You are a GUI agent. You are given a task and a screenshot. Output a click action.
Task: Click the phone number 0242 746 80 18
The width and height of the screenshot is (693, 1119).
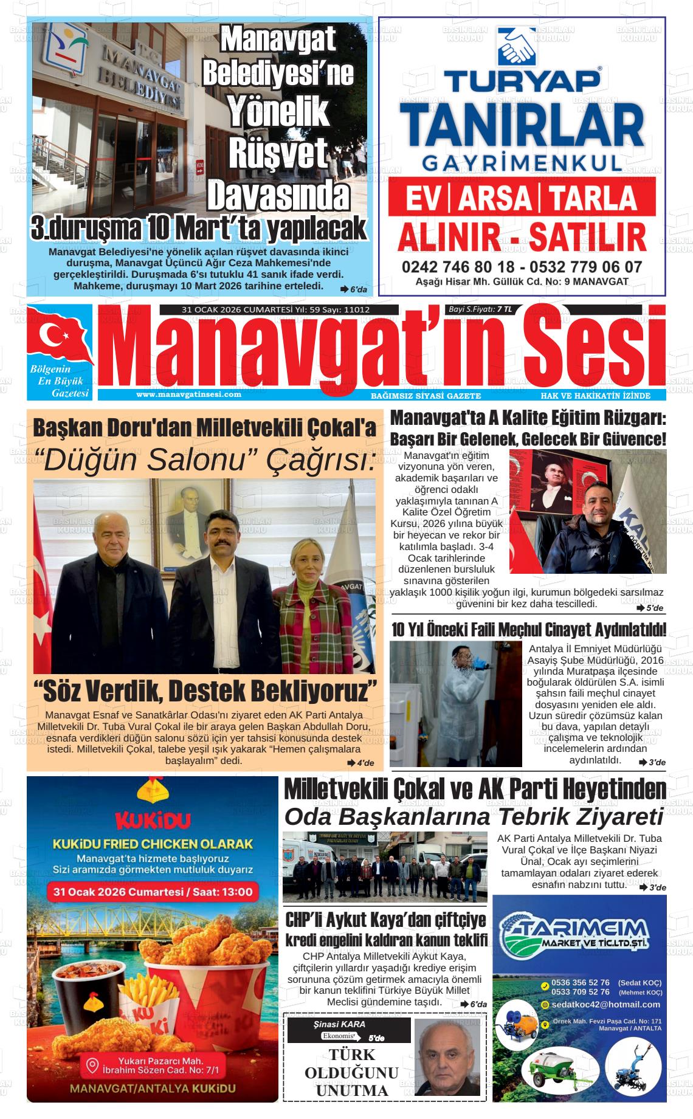(457, 267)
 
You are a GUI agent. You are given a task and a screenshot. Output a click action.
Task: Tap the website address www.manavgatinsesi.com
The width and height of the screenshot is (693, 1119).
(188, 394)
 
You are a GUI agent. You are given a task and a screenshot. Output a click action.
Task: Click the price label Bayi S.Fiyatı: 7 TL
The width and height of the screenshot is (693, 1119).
(480, 309)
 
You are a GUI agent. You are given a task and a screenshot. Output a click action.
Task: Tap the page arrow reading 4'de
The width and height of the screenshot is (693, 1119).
(360, 763)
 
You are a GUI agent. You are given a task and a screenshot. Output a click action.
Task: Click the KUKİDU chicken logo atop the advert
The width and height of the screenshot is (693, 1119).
(153, 793)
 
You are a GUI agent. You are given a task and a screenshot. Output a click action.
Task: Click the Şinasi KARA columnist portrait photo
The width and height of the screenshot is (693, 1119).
(447, 1057)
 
